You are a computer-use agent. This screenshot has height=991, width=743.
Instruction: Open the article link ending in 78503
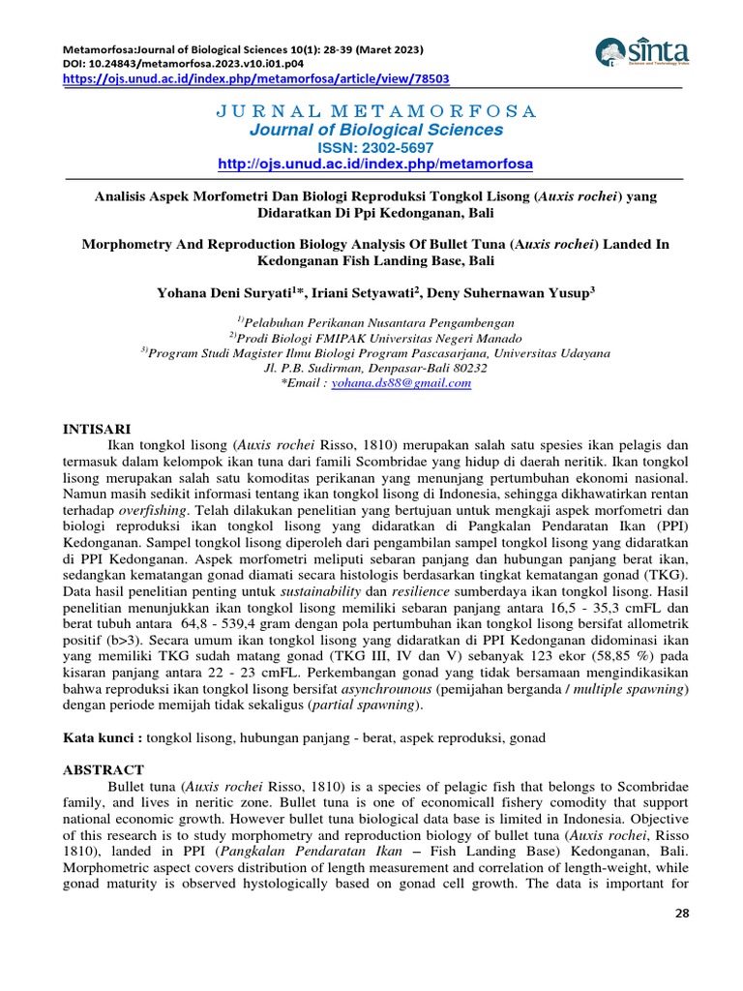click(x=256, y=78)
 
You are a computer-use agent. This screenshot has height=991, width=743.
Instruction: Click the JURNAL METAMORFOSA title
click(x=375, y=112)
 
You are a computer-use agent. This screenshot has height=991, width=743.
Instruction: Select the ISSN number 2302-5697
click(x=402, y=147)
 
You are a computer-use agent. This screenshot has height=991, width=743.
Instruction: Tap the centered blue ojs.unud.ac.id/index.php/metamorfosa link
click(x=375, y=165)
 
